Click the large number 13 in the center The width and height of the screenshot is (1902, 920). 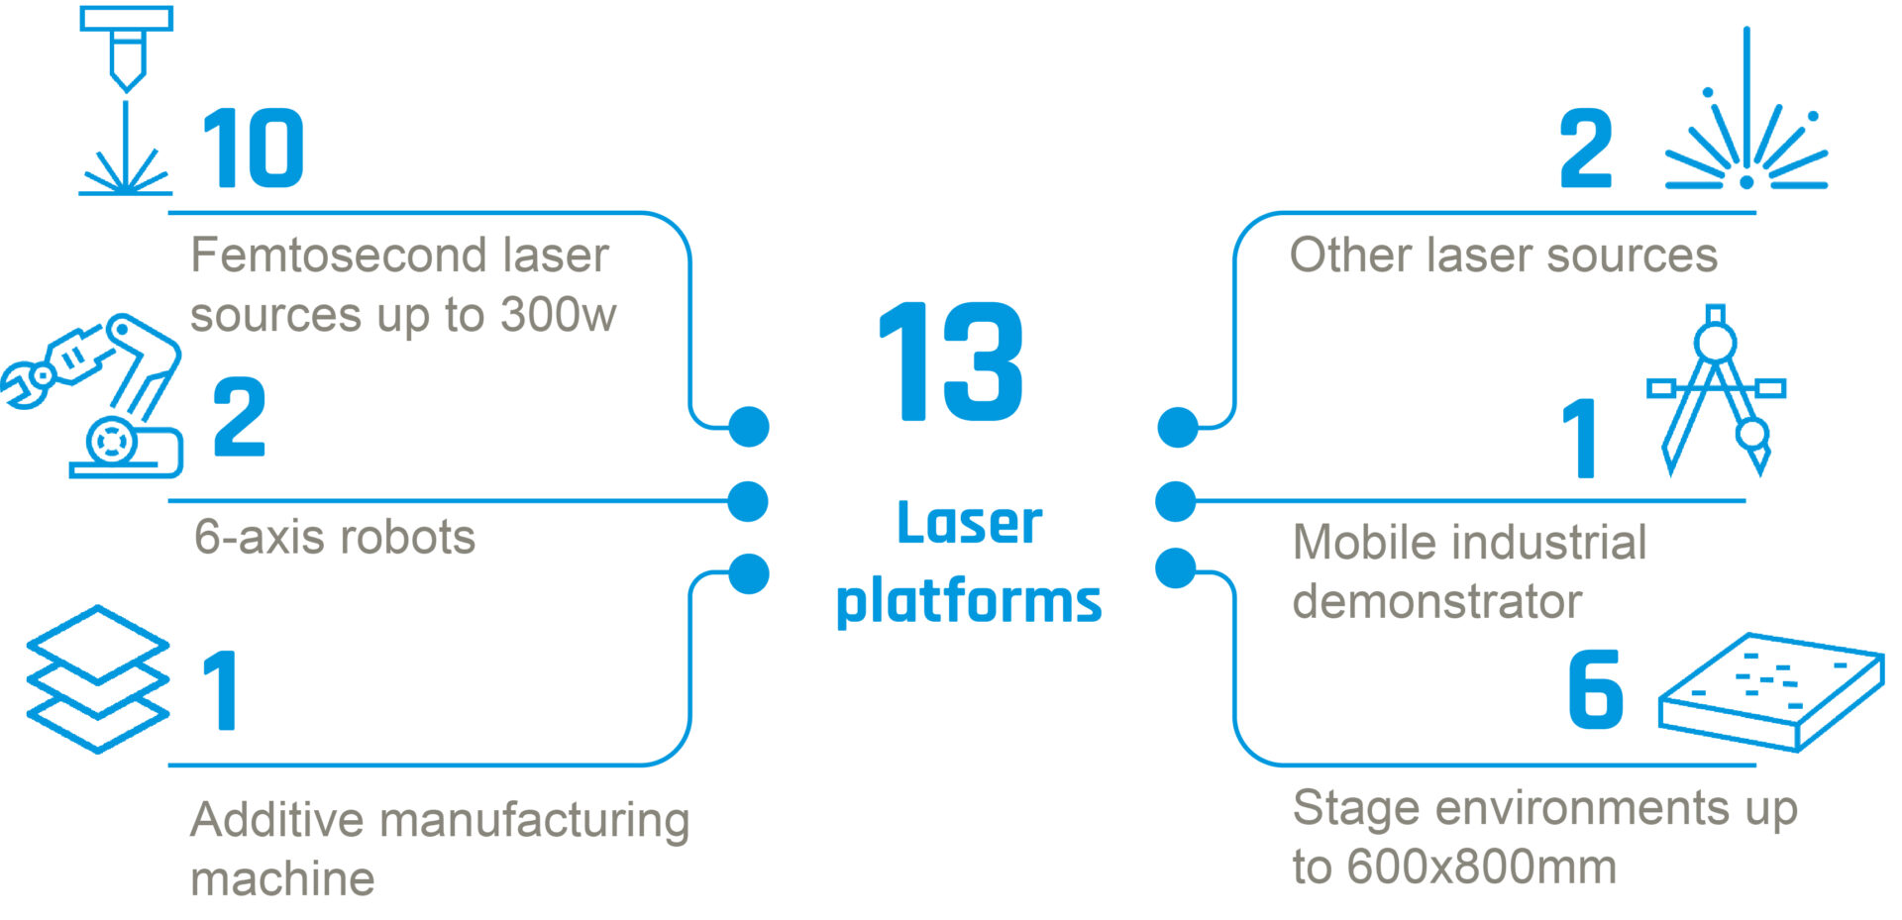(951, 362)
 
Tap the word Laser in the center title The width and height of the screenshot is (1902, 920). (969, 523)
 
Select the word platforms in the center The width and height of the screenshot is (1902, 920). (968, 601)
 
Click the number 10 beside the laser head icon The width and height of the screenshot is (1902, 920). (253, 149)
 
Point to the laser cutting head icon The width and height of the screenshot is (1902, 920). (126, 99)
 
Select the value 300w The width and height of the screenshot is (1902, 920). (559, 315)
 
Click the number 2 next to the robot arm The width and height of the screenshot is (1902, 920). (240, 417)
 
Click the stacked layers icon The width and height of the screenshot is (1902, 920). (97, 679)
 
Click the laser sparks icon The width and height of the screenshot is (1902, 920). (1745, 129)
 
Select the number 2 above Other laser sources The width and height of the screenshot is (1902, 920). (1586, 149)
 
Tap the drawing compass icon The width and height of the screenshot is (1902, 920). (1717, 389)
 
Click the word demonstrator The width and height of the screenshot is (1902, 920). (1437, 602)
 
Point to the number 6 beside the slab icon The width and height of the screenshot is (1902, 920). (1595, 689)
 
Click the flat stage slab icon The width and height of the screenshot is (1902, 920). (1771, 691)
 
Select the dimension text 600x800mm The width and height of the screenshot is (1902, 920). (1482, 868)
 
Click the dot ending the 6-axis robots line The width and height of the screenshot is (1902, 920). (748, 502)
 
